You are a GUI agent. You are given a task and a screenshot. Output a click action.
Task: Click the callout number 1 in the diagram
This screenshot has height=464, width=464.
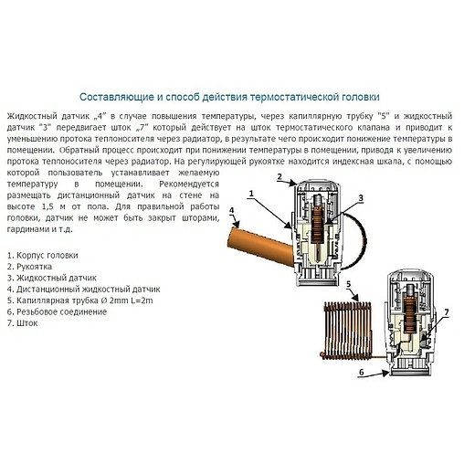[250, 194]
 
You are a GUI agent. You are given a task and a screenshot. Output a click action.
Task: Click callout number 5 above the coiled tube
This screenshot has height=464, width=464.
[349, 286]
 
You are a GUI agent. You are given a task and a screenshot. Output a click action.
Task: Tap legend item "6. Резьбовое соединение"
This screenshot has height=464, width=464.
[56, 311]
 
